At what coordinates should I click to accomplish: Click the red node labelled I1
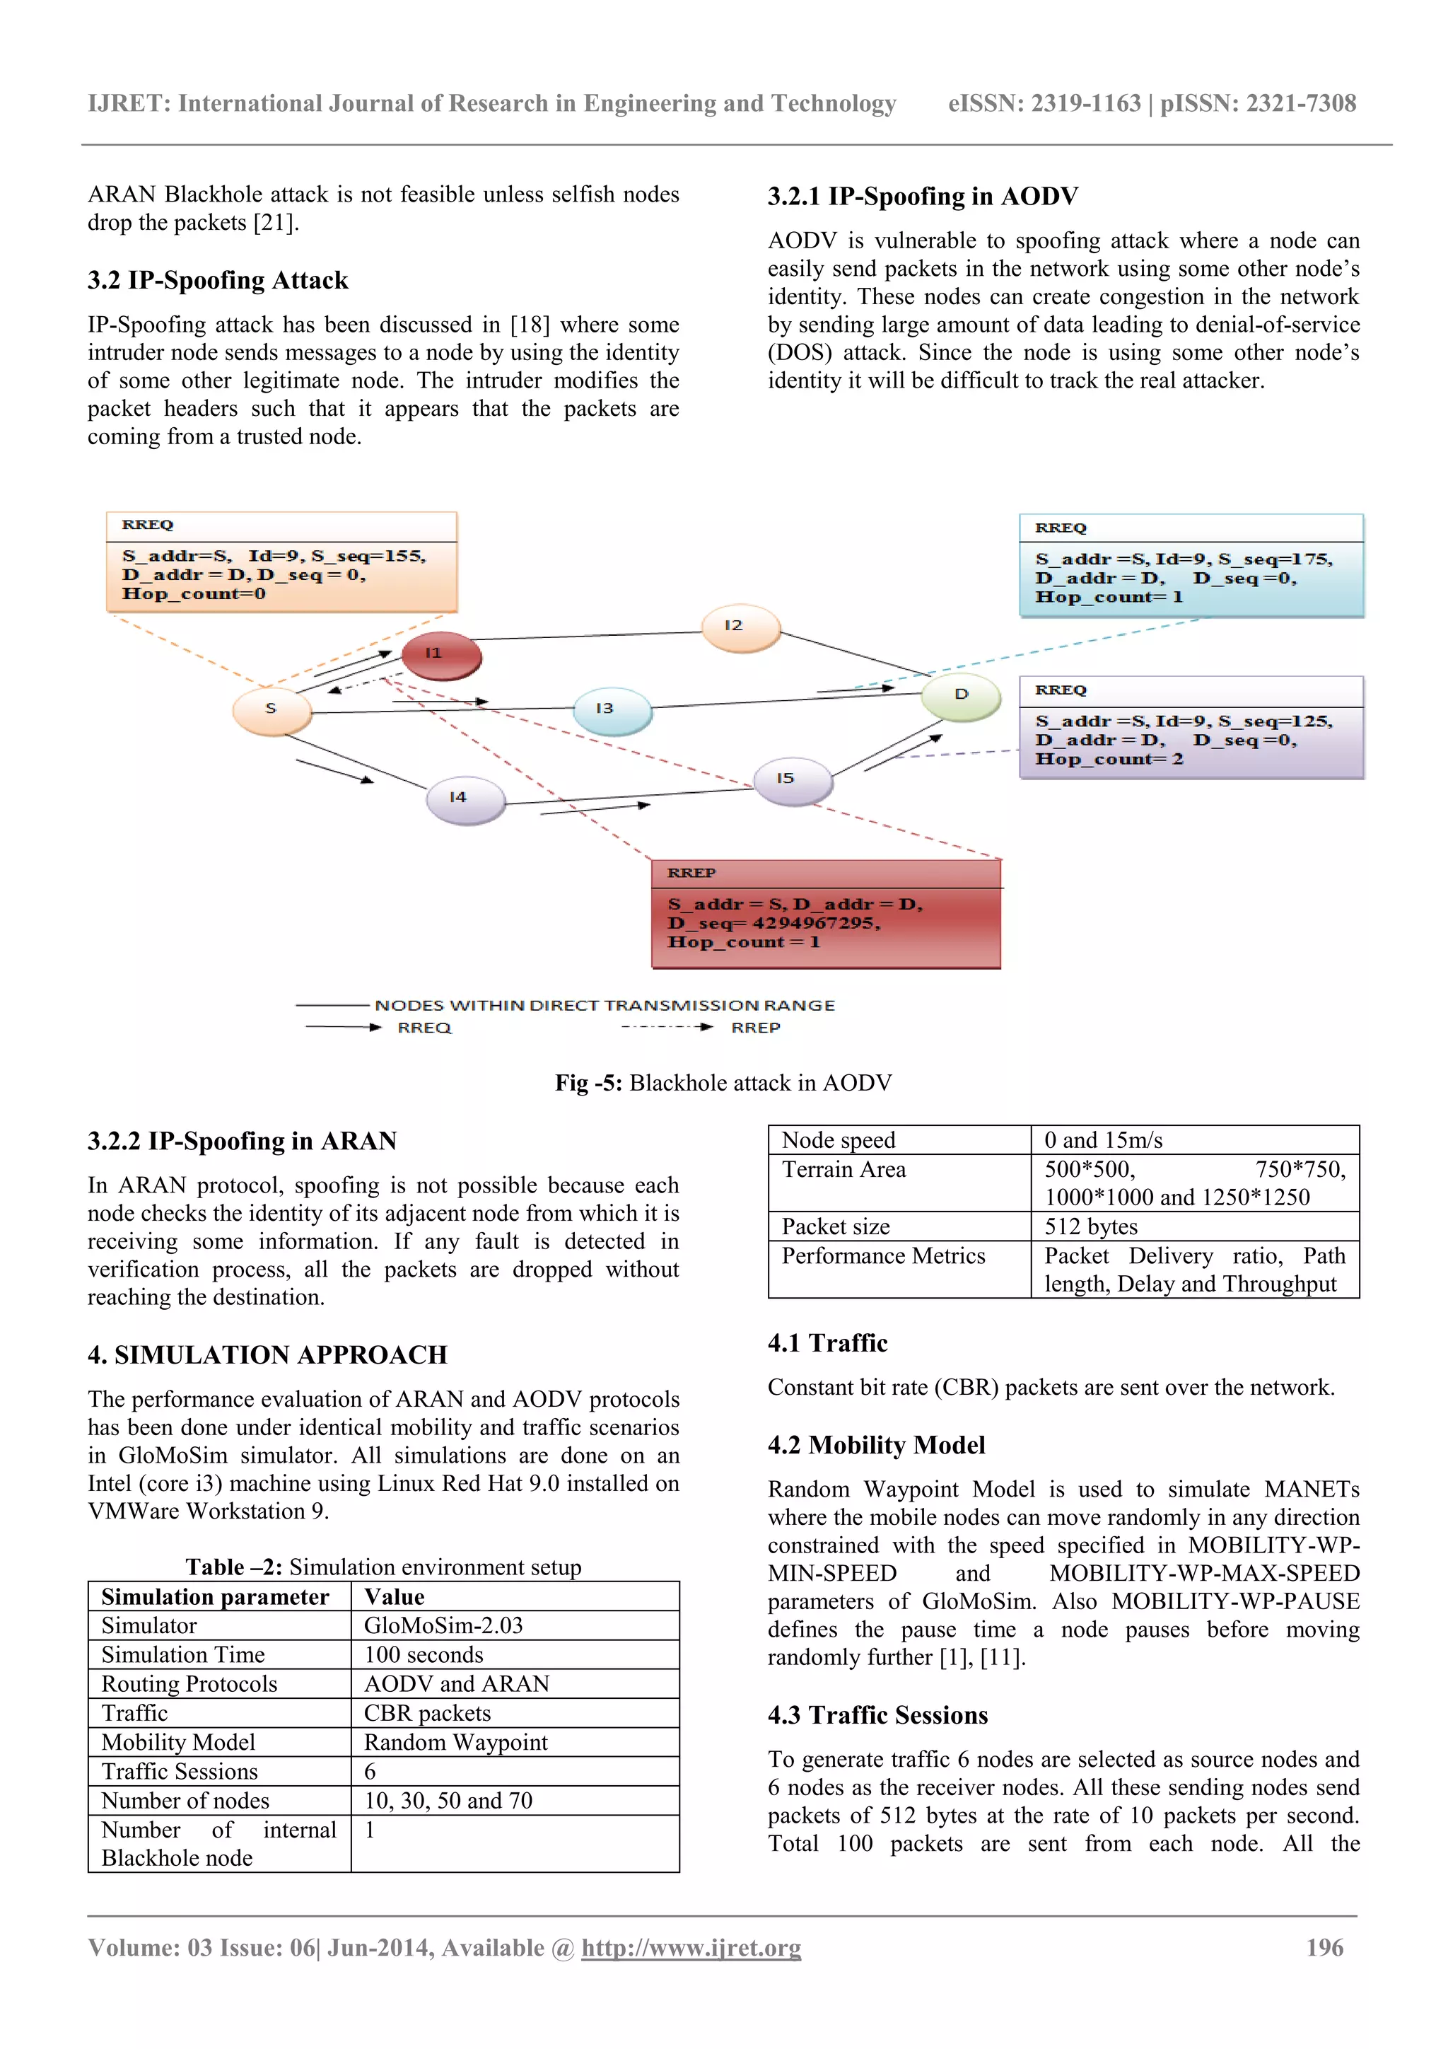click(x=440, y=656)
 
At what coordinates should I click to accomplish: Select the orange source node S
click(x=272, y=710)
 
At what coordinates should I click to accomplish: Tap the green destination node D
click(x=961, y=696)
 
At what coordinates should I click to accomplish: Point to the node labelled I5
click(x=793, y=780)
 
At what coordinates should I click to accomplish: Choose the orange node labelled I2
click(x=740, y=627)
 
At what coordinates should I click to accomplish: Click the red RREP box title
click(x=691, y=873)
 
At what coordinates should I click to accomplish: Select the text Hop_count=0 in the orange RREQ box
click(x=194, y=594)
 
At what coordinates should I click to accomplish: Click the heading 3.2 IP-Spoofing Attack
click(x=218, y=280)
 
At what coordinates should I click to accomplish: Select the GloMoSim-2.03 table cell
click(x=443, y=1625)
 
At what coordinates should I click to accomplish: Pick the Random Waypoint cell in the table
click(x=455, y=1742)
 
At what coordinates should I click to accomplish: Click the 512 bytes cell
click(x=1090, y=1226)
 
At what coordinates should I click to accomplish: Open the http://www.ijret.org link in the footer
click(x=691, y=1947)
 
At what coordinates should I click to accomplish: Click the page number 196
click(x=1324, y=1947)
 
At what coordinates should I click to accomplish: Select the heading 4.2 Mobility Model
click(x=876, y=1445)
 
